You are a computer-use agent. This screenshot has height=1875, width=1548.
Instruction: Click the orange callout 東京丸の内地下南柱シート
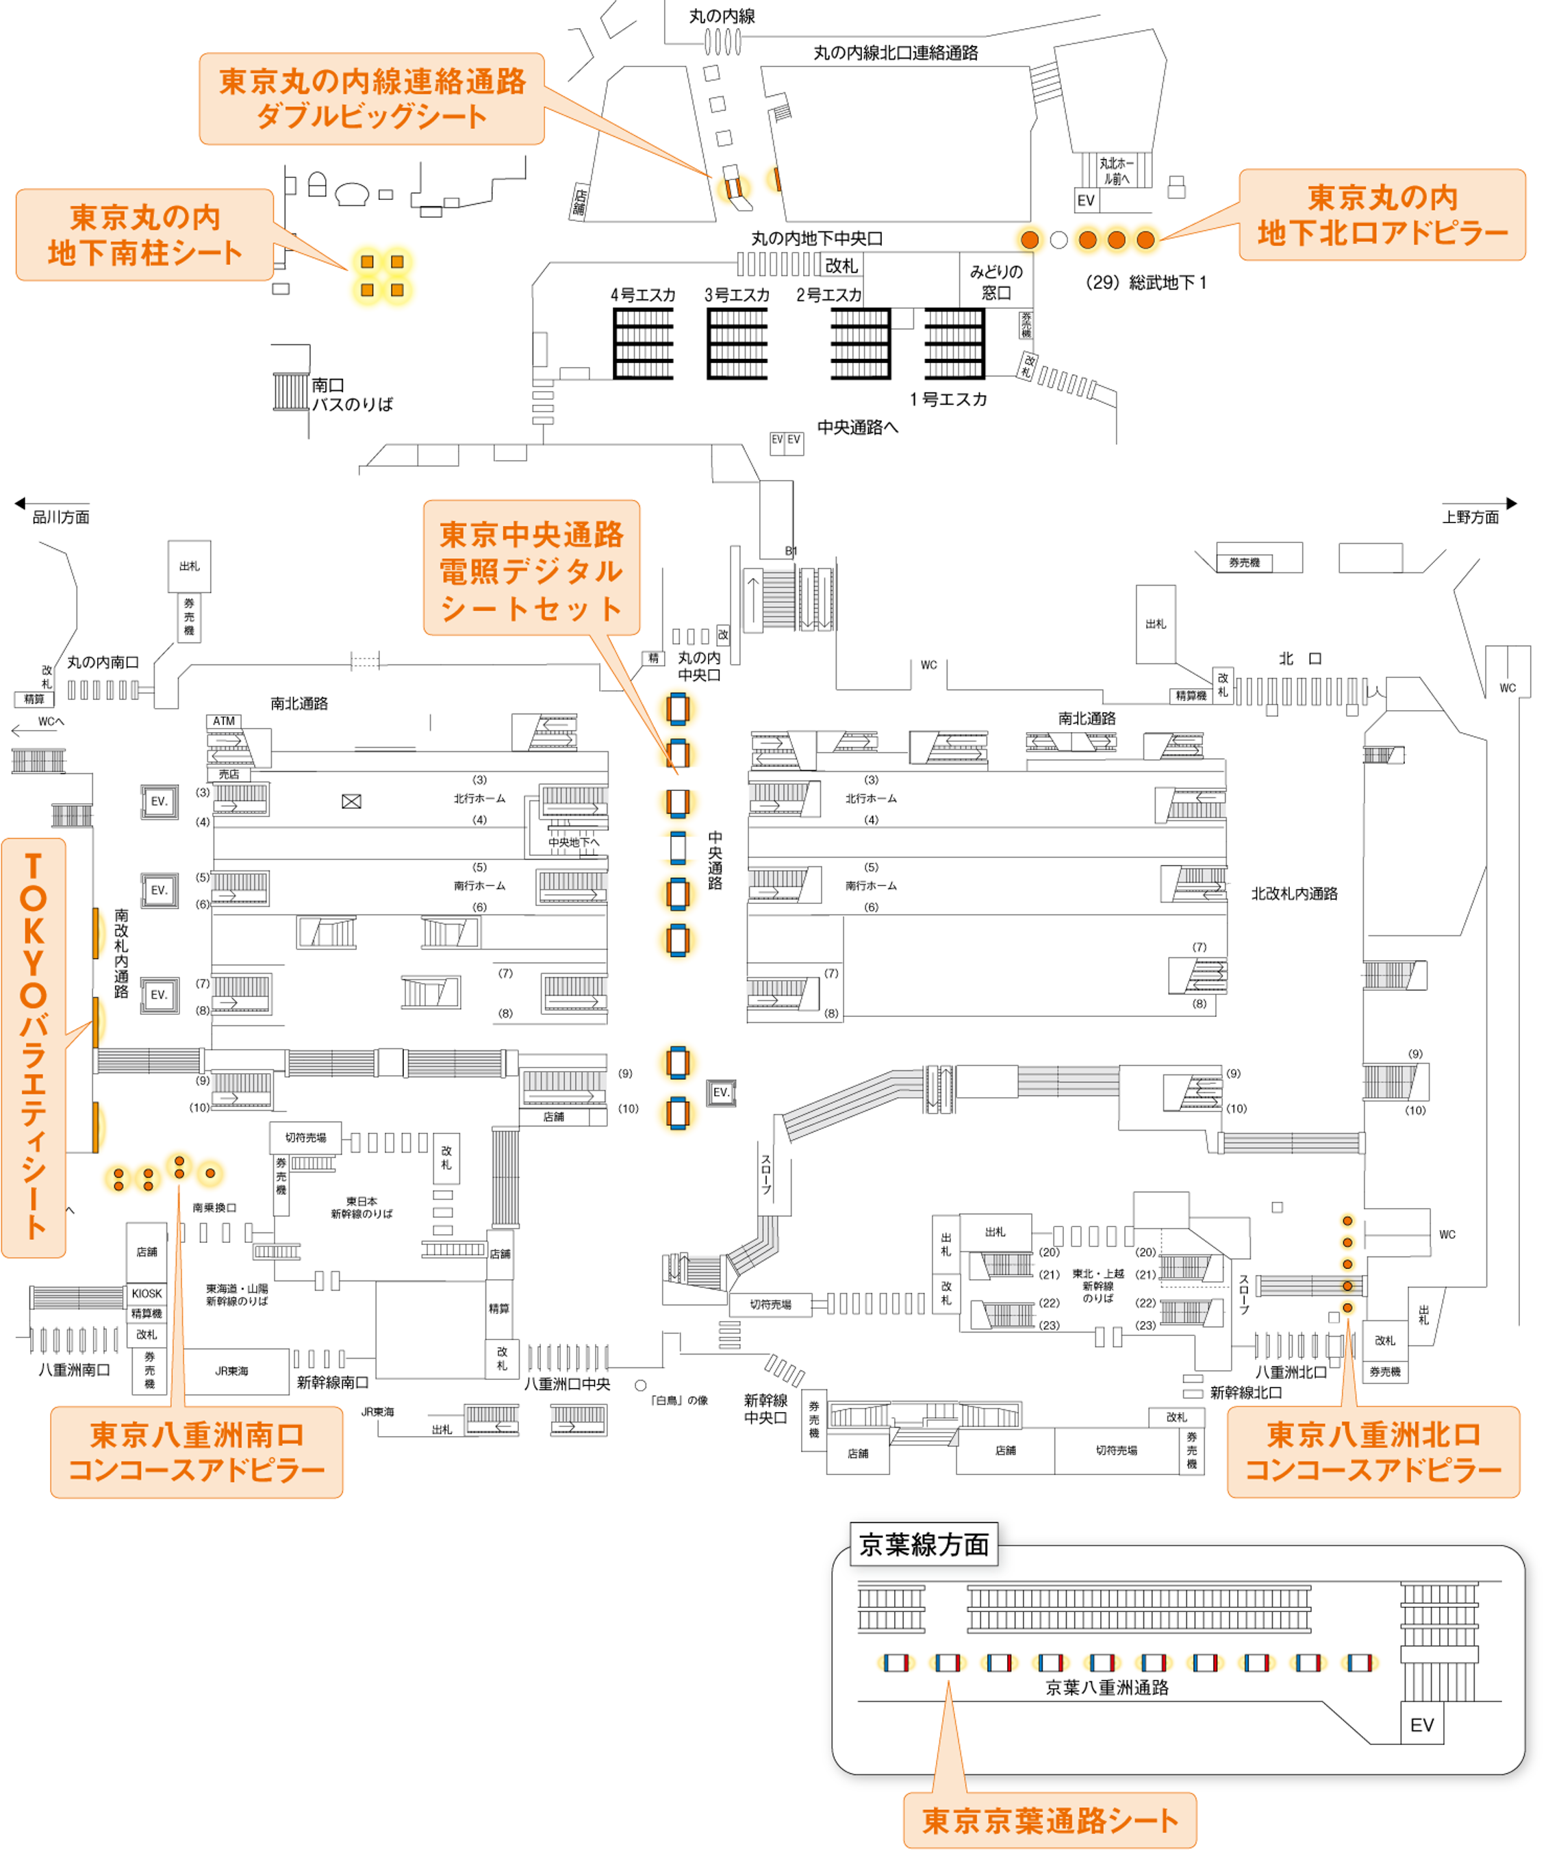pyautogui.click(x=144, y=235)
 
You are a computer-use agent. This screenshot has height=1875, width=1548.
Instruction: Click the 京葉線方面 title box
pyautogui.click(x=924, y=1544)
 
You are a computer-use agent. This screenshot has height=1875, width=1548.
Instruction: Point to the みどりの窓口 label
pyautogui.click(x=996, y=282)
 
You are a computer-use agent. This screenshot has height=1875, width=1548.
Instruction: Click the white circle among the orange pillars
pyautogui.click(x=1058, y=240)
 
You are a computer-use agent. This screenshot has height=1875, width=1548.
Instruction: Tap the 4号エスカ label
pyautogui.click(x=642, y=294)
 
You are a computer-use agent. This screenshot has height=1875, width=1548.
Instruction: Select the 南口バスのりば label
pyautogui.click(x=351, y=394)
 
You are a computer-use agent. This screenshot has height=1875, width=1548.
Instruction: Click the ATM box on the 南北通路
pyautogui.click(x=224, y=720)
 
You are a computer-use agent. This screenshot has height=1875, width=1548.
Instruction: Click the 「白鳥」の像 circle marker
pyautogui.click(x=640, y=1385)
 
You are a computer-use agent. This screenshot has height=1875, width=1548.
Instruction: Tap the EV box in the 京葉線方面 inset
pyautogui.click(x=1421, y=1724)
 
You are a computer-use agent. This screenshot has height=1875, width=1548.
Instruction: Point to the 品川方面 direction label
pyautogui.click(x=61, y=517)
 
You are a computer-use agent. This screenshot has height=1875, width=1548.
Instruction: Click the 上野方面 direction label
pyautogui.click(x=1471, y=517)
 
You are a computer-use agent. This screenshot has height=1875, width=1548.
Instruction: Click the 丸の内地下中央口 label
pyautogui.click(x=817, y=238)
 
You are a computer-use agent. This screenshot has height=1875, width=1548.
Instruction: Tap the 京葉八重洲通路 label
pyautogui.click(x=1106, y=1687)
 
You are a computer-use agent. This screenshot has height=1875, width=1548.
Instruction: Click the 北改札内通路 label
pyautogui.click(x=1294, y=894)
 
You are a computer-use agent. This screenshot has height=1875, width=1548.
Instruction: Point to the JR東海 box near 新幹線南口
pyautogui.click(x=232, y=1370)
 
